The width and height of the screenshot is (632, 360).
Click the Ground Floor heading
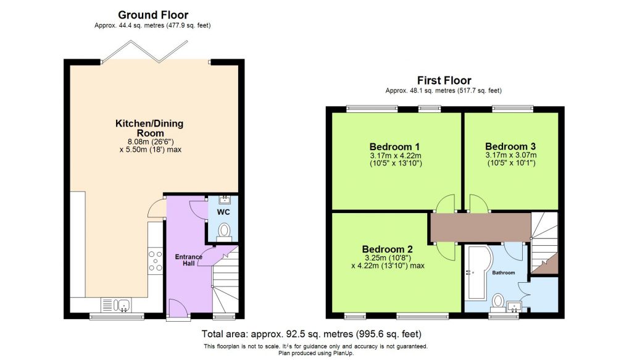153,15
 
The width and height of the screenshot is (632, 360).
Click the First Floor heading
444,80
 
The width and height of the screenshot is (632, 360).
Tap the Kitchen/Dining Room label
149,128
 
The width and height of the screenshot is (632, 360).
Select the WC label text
223,212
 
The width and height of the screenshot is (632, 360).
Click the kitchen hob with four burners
154,261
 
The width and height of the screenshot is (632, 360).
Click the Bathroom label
504,272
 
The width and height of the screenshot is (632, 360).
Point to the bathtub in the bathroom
476,270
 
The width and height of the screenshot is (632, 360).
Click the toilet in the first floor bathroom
497,301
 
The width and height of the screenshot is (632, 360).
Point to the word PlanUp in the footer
343,353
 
